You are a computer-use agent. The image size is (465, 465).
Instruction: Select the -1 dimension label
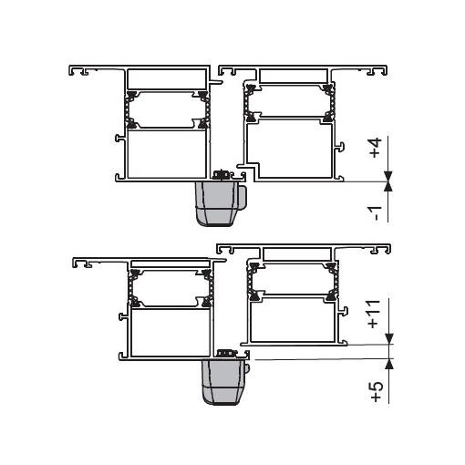tap(375, 212)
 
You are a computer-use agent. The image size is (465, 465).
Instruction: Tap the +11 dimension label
tap(375, 313)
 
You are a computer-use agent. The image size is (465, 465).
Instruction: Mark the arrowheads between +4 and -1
tap(388, 182)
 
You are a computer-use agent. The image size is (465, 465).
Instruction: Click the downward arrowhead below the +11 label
tap(388, 339)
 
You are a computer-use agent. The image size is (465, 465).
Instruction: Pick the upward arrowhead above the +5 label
tap(388, 363)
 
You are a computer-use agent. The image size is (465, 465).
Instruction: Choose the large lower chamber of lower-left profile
tap(169, 333)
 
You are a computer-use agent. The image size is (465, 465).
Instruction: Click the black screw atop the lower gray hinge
tap(225, 352)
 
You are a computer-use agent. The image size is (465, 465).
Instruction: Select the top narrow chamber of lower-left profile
tap(169, 264)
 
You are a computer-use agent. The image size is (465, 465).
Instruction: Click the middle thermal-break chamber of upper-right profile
tap(287, 101)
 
